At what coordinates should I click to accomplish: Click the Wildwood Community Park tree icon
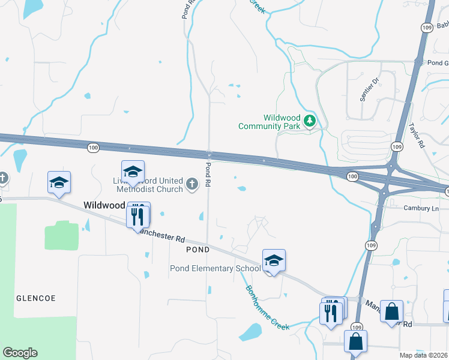310,121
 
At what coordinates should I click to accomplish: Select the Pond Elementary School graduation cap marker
274,260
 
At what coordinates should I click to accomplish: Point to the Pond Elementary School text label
215,268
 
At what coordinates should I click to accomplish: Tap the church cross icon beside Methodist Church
192,184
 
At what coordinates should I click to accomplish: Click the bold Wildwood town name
104,205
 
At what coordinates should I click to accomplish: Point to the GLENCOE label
35,298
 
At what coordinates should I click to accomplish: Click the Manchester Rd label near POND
160,233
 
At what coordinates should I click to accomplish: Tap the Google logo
20,353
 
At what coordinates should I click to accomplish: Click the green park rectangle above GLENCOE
61,235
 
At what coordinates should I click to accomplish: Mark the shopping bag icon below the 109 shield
355,341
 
